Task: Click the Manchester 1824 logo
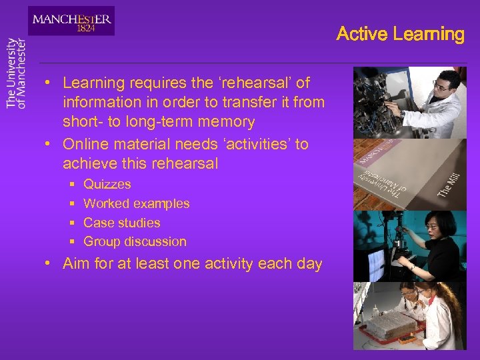(71, 21)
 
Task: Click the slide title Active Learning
(400, 34)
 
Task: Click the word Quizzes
(107, 184)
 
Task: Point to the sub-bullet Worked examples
(136, 203)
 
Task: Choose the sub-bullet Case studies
(121, 223)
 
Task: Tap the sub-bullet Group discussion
(135, 241)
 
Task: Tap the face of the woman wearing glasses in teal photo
(431, 229)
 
